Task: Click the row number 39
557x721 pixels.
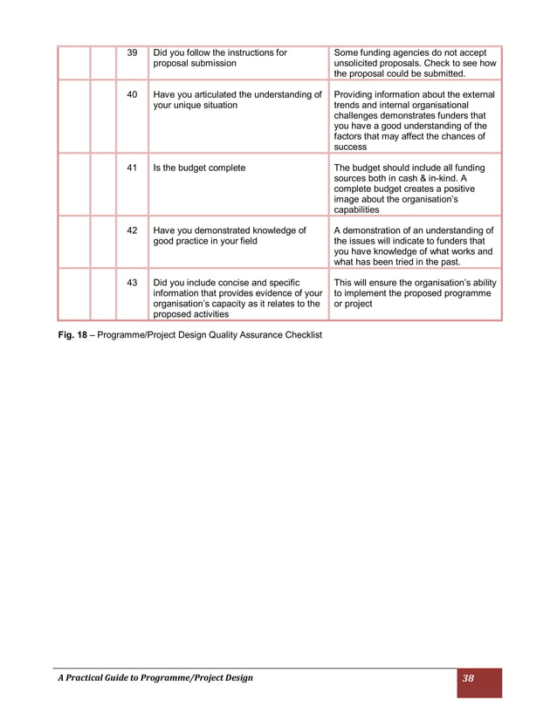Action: [133, 53]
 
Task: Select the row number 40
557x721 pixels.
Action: [133, 94]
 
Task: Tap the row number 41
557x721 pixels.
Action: [133, 168]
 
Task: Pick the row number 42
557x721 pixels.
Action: [133, 230]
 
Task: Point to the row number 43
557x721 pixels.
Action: [133, 283]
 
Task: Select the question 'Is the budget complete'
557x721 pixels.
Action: [199, 168]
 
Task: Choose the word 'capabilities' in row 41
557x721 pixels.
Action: [357, 209]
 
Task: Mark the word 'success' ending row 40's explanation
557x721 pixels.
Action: [351, 147]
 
